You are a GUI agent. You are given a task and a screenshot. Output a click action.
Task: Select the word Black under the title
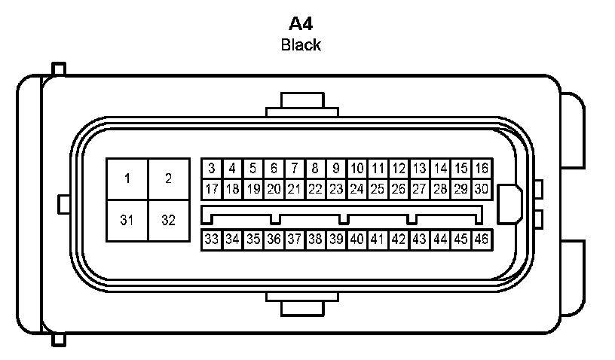301,44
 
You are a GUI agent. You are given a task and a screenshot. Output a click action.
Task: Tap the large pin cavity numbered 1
127,178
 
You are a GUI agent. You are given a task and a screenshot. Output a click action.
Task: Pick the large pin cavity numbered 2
168,178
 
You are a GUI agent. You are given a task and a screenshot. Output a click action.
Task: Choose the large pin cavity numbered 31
127,221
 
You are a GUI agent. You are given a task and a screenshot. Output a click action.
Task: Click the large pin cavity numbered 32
168,221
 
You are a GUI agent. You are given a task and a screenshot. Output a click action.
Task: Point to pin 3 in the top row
212,168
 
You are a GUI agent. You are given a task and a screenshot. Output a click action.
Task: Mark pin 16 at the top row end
482,168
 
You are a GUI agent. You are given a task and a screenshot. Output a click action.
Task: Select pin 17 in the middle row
212,188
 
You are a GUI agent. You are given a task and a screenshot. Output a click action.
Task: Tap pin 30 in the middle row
482,188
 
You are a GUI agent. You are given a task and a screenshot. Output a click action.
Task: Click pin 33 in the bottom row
212,239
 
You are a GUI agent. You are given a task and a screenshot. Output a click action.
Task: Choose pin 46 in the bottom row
482,239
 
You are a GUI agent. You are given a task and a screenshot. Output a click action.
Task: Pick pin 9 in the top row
336,168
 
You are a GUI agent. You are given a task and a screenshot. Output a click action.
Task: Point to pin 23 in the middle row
336,188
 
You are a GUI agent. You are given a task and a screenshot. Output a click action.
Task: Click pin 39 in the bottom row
336,239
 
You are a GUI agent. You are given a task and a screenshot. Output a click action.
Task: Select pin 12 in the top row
399,168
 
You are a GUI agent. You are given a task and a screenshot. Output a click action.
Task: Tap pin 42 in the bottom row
399,239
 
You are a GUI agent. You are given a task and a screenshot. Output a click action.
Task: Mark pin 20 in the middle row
274,188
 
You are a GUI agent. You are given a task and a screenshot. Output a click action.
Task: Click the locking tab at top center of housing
301,104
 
